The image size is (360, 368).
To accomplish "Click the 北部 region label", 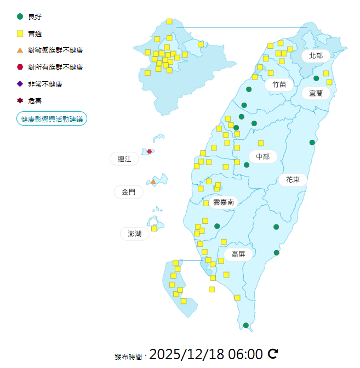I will (x=316, y=55).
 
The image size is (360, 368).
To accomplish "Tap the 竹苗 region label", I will (x=279, y=84).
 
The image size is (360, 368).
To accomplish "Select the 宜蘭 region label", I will (x=316, y=93).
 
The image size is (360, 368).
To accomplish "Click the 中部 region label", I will (x=262, y=157).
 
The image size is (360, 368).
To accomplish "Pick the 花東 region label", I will (x=293, y=179).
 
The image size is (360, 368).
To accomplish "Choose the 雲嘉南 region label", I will (x=224, y=202).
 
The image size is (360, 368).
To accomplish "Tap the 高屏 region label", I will (x=238, y=254).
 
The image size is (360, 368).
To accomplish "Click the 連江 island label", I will (x=124, y=159).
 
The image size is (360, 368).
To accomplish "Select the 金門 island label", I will (x=128, y=192).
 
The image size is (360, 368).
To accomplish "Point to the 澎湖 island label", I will (x=135, y=234).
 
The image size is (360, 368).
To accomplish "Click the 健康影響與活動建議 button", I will (x=52, y=119).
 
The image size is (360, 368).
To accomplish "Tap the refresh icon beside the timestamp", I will (x=273, y=354).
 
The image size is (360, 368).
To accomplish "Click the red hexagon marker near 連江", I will (x=149, y=151).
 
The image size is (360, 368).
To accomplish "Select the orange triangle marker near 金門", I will (x=153, y=182).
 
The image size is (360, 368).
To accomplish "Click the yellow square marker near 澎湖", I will (x=155, y=228).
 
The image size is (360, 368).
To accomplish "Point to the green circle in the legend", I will (x=20, y=16).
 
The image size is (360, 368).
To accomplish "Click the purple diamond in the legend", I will (x=20, y=84).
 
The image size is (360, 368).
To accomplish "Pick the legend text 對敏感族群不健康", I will (x=55, y=50).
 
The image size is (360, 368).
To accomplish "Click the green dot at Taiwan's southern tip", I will (x=245, y=325).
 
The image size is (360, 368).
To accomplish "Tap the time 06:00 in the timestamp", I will (x=247, y=354).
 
